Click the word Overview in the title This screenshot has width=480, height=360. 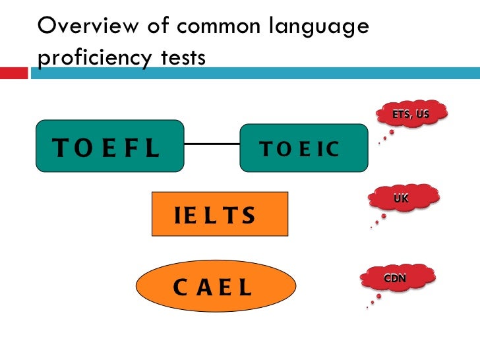[78, 27]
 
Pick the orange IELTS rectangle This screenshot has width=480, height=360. [220, 214]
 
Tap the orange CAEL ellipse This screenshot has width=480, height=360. [216, 287]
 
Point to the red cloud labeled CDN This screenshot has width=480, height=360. [396, 279]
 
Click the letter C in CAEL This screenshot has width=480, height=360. [181, 288]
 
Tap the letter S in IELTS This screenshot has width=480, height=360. [248, 216]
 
